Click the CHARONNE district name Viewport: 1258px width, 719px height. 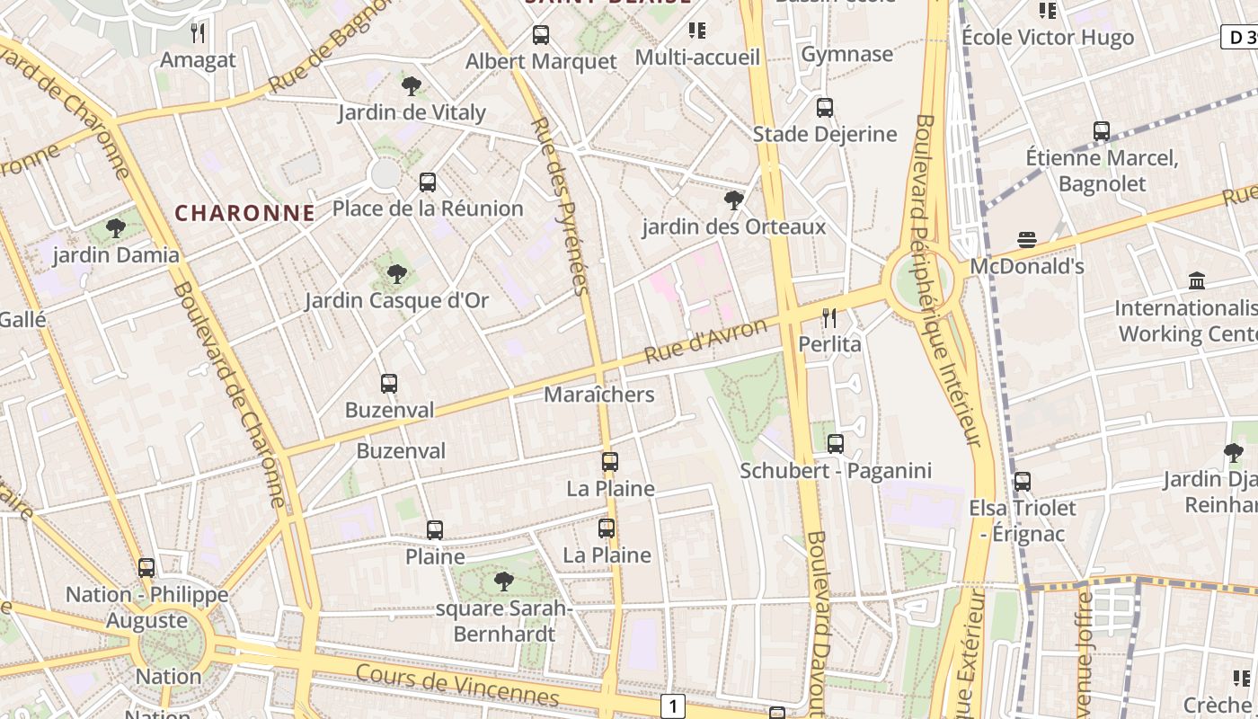[x=244, y=213]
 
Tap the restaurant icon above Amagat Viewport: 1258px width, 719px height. [x=199, y=33]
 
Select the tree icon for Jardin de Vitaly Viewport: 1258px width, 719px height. [x=412, y=86]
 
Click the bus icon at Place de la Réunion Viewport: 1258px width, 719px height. [x=428, y=182]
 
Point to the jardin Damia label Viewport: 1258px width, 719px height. [x=116, y=255]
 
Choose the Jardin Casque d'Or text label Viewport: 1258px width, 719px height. [x=396, y=300]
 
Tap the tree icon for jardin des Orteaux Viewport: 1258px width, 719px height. [x=734, y=200]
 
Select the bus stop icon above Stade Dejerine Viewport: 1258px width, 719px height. [x=825, y=108]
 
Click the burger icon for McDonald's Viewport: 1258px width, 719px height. [x=1027, y=240]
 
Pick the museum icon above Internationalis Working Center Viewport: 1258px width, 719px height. [x=1196, y=281]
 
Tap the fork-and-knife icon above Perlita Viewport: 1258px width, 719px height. [x=829, y=317]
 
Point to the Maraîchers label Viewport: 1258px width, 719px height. [x=599, y=395]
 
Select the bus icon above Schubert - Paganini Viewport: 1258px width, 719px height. [x=836, y=443]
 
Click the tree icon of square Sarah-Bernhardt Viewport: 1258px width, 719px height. [x=503, y=581]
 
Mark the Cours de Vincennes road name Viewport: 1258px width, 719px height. [x=456, y=686]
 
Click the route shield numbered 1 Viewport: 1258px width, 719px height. [x=673, y=706]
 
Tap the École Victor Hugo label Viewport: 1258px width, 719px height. [x=1047, y=37]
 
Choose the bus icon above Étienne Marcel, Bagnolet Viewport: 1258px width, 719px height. [x=1102, y=131]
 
